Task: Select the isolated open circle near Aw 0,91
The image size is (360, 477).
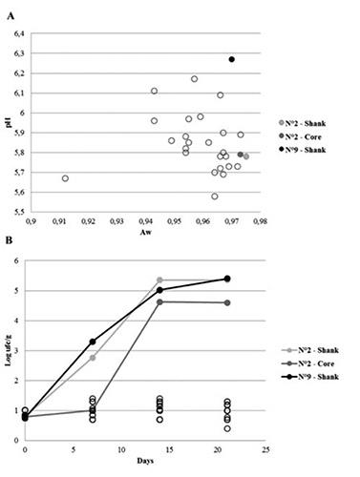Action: tap(65, 178)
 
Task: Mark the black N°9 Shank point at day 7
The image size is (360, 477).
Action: tap(93, 342)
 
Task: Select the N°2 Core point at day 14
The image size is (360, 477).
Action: tap(159, 301)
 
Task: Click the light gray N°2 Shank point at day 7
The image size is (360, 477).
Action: tap(93, 358)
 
